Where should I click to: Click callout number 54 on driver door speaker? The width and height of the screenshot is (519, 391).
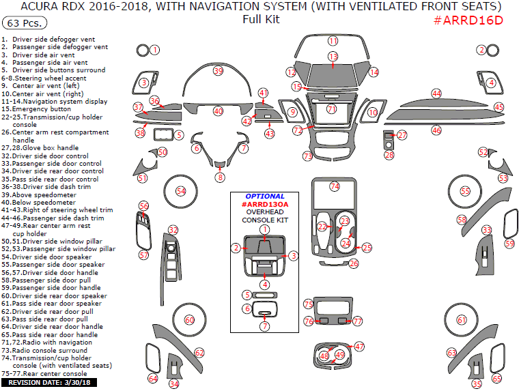(x=181, y=191)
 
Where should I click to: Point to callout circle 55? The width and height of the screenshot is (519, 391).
(x=465, y=192)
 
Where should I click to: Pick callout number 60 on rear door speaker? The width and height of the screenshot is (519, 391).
(x=189, y=320)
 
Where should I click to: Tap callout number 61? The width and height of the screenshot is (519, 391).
(x=462, y=320)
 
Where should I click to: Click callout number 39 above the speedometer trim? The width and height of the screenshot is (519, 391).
(x=218, y=71)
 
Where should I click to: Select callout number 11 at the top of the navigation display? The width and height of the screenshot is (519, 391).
(x=333, y=41)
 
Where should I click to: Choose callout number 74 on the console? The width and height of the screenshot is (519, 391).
(x=335, y=186)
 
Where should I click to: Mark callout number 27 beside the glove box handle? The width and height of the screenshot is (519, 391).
(x=402, y=135)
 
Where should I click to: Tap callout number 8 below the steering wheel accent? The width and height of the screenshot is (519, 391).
(x=220, y=177)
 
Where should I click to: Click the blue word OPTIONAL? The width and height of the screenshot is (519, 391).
(x=264, y=196)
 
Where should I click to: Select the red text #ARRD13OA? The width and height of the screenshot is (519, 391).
(x=264, y=204)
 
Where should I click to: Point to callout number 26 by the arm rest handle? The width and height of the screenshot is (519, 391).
(x=354, y=263)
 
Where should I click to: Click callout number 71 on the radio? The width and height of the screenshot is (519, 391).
(x=332, y=109)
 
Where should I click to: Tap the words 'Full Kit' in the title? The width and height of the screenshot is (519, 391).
(x=261, y=19)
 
